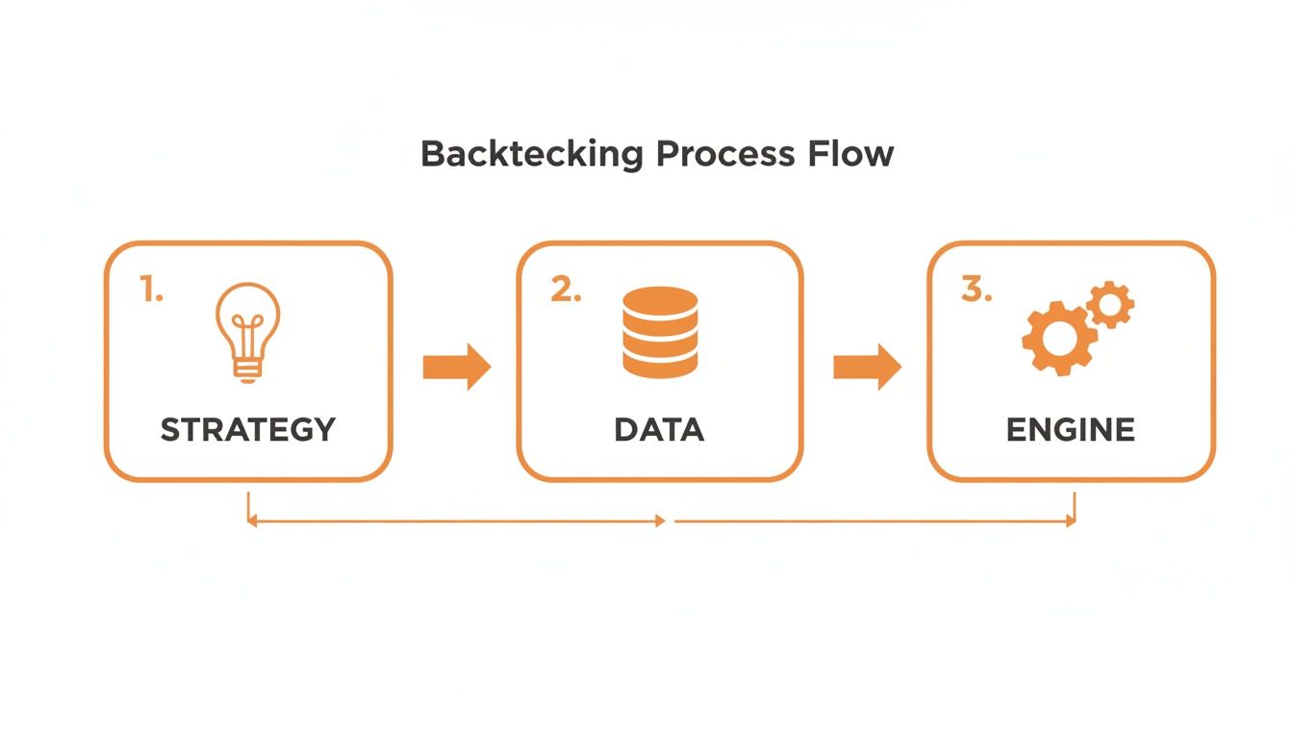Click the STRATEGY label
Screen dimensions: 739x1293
(247, 429)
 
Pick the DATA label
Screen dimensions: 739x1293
(659, 429)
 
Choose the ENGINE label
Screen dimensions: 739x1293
(1071, 429)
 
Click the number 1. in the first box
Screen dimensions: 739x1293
(151, 290)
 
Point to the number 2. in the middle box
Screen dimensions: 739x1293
(566, 290)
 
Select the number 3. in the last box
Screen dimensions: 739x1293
(976, 290)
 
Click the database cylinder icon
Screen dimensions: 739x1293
(659, 332)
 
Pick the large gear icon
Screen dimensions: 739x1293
(1058, 338)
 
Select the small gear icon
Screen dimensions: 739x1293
(1110, 305)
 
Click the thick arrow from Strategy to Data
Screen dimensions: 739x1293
(457, 367)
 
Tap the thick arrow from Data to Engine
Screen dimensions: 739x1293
(867, 367)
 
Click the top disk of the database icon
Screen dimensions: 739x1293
(659, 299)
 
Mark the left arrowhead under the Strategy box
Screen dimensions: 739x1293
(252, 521)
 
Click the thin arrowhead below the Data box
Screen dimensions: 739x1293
(660, 521)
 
